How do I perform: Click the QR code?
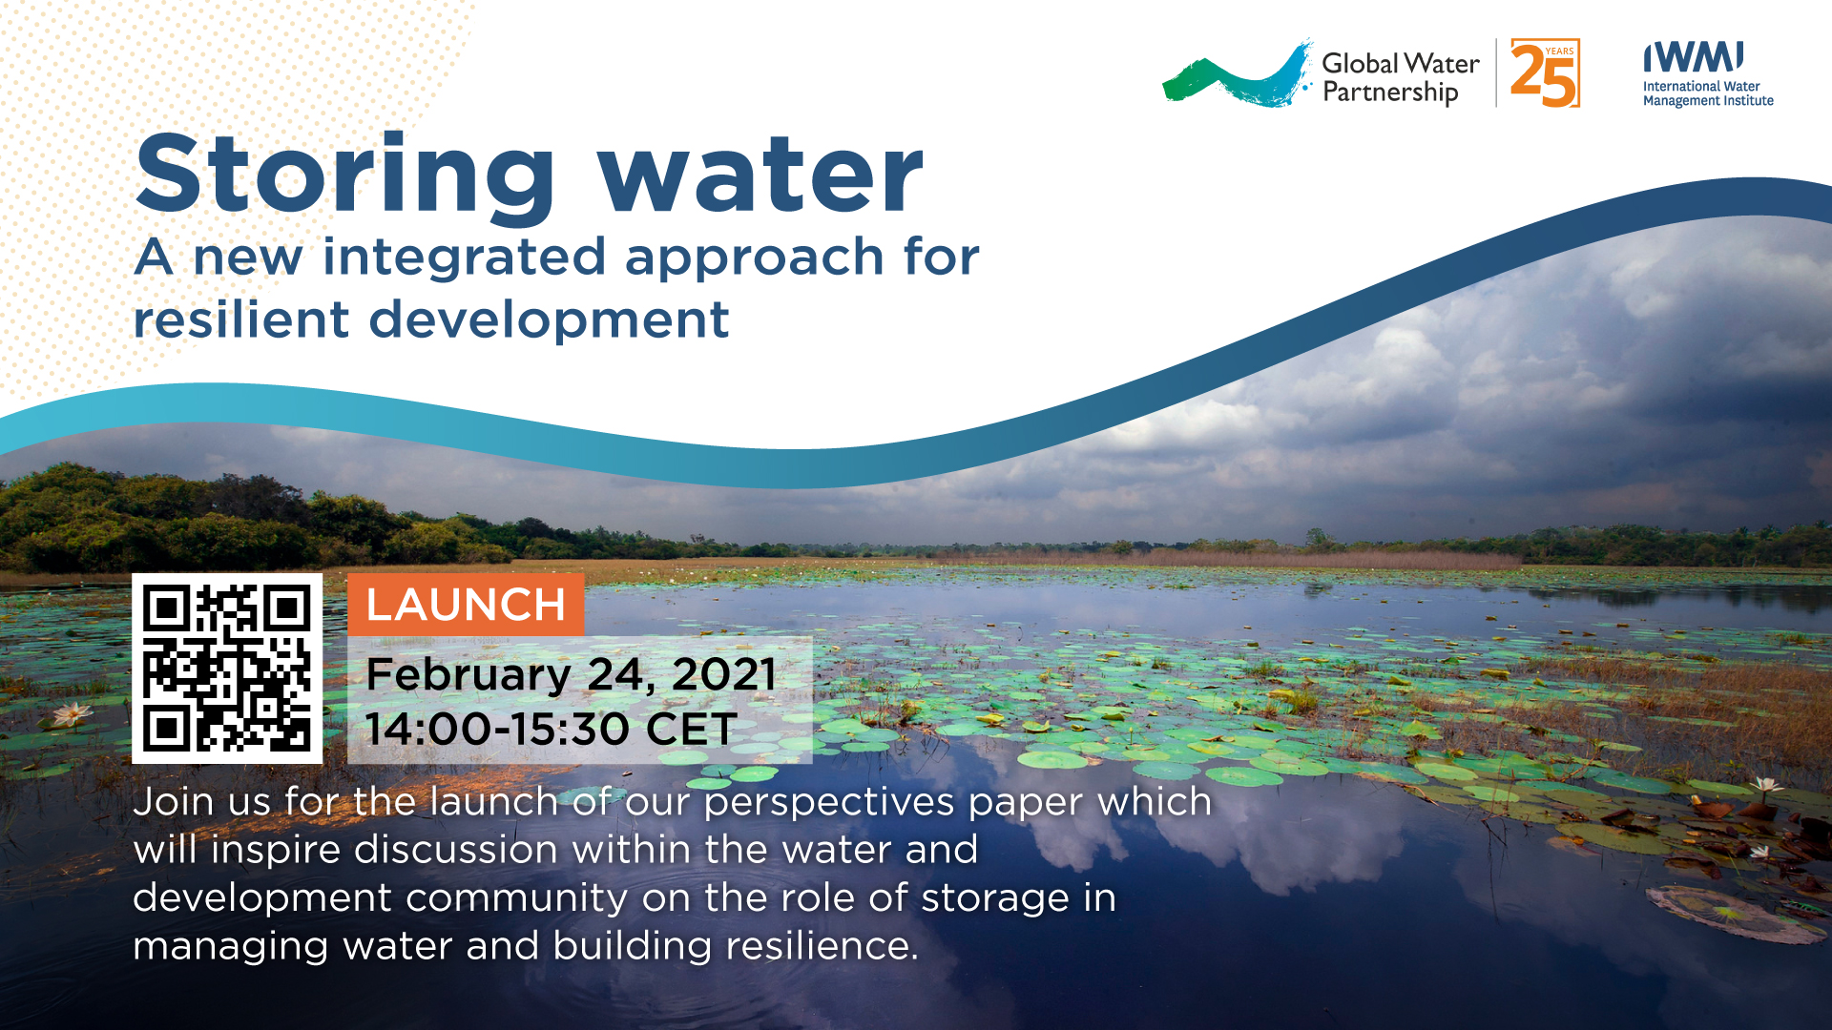227,668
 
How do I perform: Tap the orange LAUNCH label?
466,605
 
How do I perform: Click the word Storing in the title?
345,176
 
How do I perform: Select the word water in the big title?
760,176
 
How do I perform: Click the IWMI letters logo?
1694,57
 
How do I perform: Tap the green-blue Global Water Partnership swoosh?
1238,74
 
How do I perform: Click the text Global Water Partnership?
1401,77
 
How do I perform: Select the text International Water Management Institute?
1708,93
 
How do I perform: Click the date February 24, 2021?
571,674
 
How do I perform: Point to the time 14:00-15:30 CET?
551,730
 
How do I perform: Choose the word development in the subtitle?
549,321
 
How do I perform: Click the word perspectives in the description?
828,803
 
